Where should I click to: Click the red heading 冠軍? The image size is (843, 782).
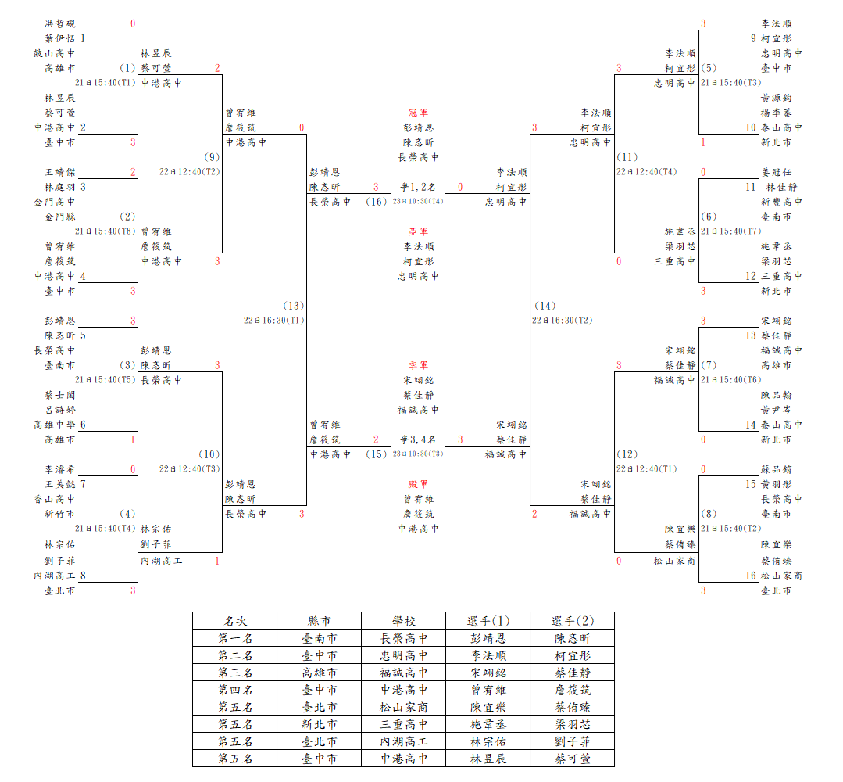coord(418,113)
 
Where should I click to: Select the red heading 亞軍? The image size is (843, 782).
coord(418,232)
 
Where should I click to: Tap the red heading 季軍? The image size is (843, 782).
coord(418,365)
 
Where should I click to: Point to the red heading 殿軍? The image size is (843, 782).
coord(418,484)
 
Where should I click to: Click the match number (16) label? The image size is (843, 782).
coord(377,202)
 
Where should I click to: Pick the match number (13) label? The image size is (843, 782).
coord(294,306)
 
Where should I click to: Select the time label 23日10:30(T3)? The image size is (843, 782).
coord(418,454)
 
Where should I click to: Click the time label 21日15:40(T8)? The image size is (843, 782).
coord(105,231)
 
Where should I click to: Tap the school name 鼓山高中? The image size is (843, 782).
coord(55,53)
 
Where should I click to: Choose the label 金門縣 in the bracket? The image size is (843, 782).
coord(59,217)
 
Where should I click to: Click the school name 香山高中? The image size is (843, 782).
coord(55,499)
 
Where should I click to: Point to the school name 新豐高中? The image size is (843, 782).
coord(782,202)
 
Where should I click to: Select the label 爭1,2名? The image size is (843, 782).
coord(418,188)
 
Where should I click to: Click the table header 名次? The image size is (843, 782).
coord(235,621)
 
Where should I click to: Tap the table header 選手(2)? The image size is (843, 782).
coord(573,621)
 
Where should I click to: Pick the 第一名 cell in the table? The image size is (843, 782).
coord(235,638)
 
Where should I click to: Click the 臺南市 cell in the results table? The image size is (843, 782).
coord(320,638)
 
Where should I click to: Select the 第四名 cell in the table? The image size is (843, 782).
coord(235,690)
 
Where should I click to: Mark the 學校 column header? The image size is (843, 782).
coord(404,621)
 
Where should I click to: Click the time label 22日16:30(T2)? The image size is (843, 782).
coord(563,320)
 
